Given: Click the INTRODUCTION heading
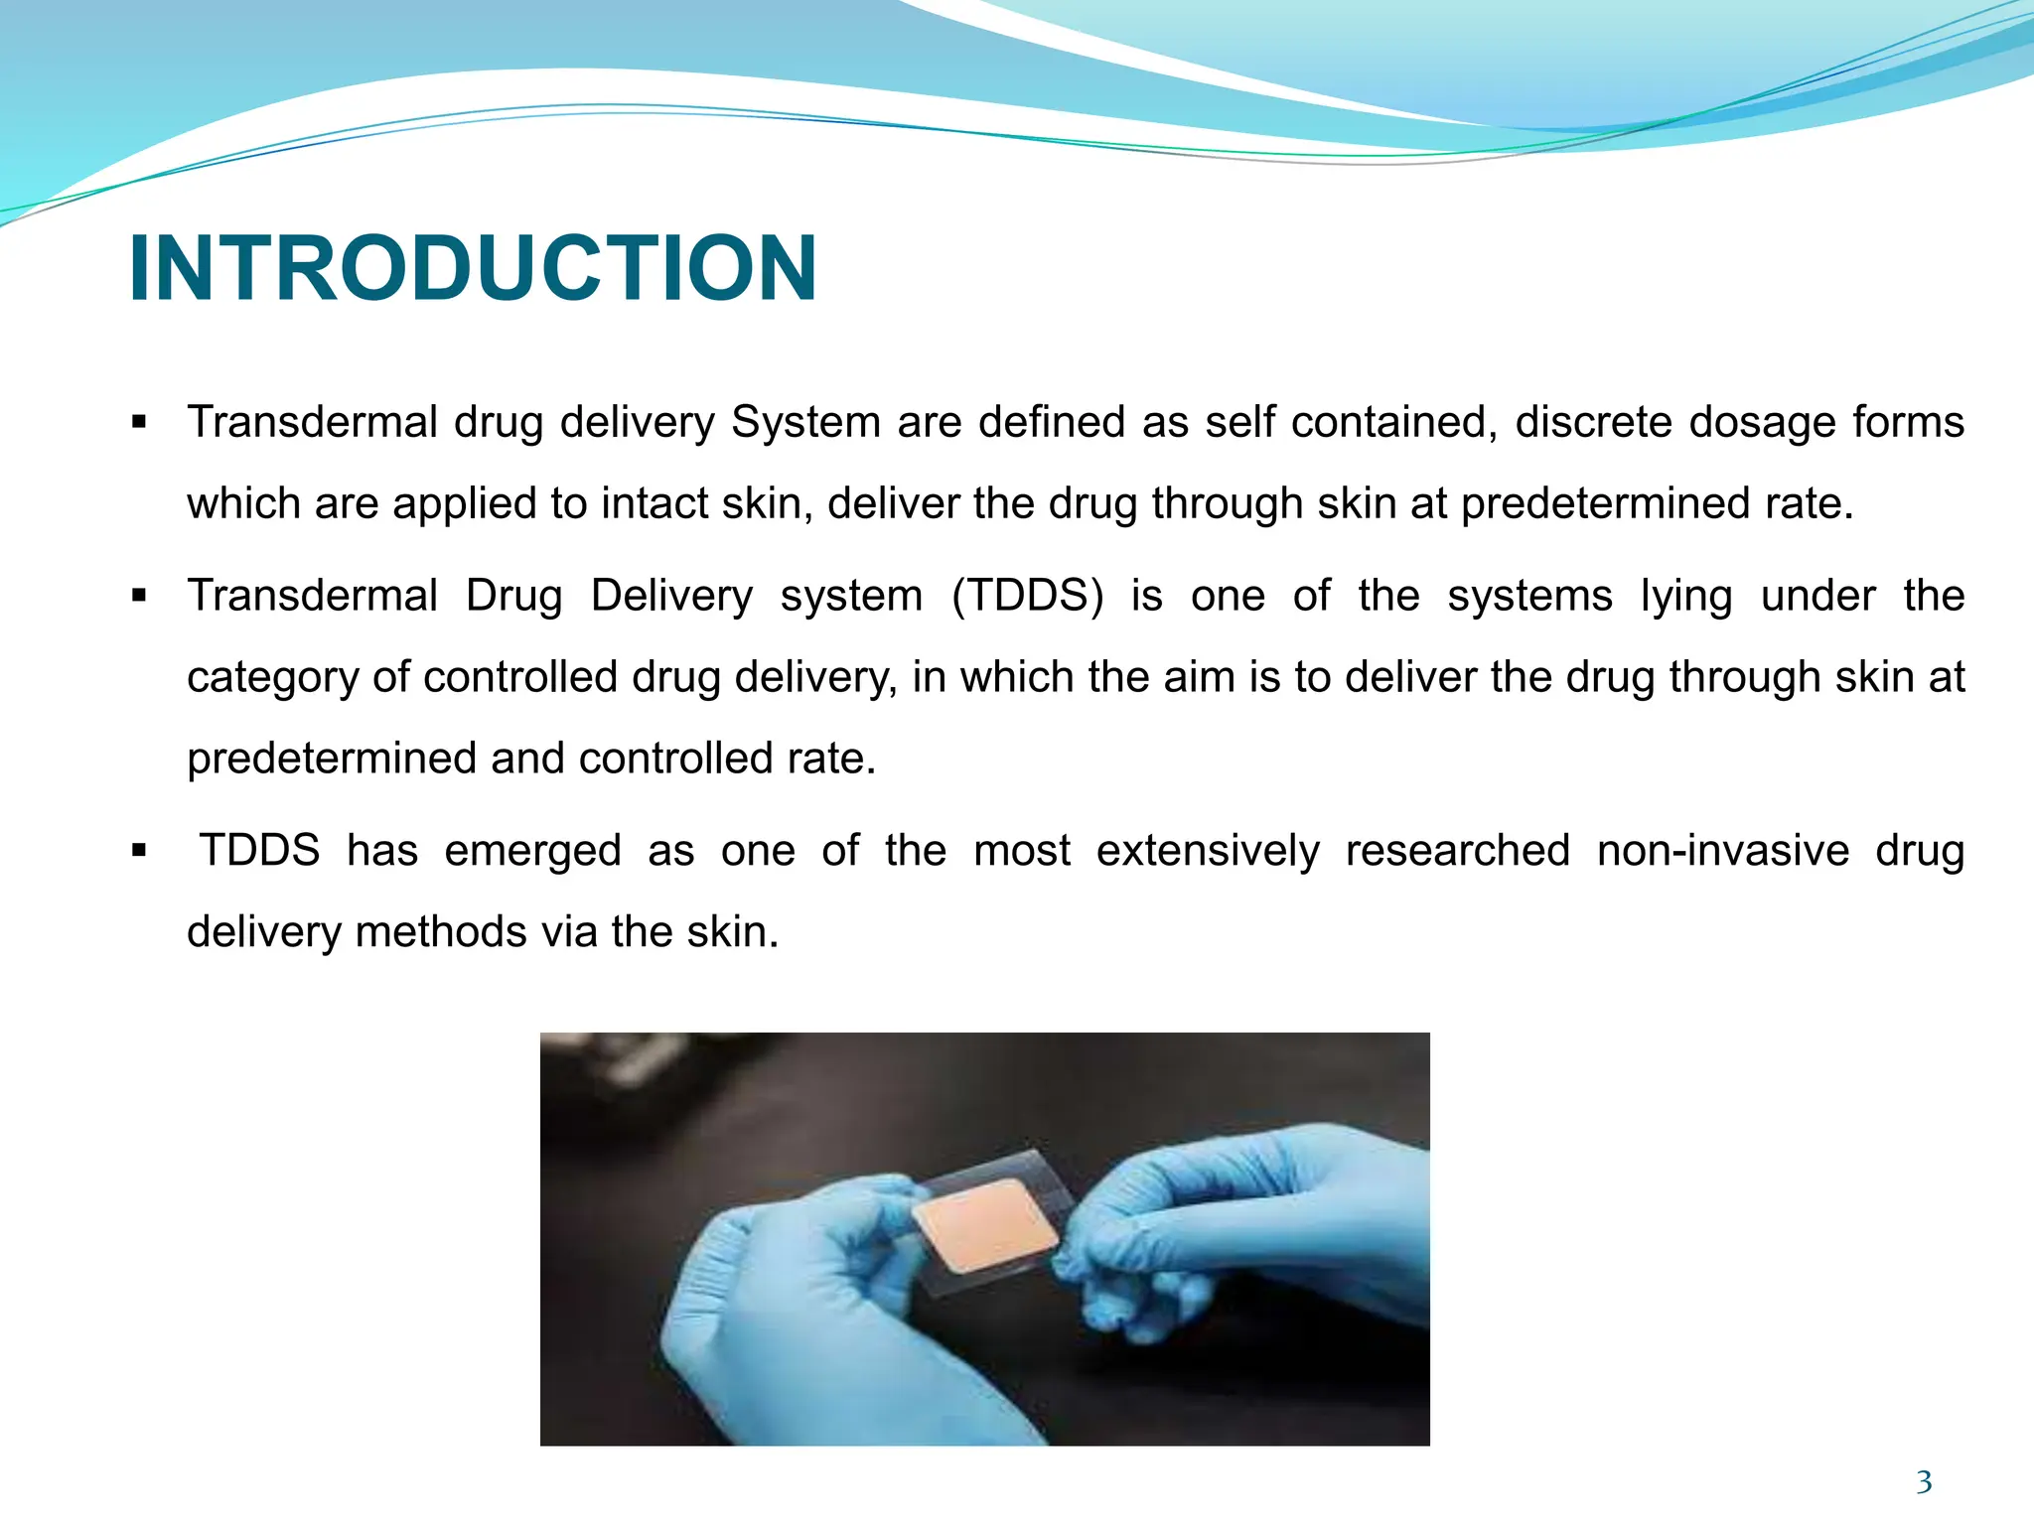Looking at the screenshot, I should (473, 268).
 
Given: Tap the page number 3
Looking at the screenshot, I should (1924, 1482).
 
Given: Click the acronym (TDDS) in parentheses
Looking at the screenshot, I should (1027, 596).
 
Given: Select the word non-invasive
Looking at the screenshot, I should (1723, 851).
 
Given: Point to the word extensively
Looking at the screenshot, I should (1208, 851).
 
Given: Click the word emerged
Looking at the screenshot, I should (532, 851).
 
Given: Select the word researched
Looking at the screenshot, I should (1457, 851).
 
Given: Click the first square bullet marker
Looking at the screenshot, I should (139, 423).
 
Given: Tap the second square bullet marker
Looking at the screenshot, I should (139, 597).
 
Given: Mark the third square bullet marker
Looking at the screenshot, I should (139, 852).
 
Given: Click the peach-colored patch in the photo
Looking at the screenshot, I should (985, 1225).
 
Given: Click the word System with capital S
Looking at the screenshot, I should (805, 422).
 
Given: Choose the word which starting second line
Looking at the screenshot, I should (243, 503).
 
